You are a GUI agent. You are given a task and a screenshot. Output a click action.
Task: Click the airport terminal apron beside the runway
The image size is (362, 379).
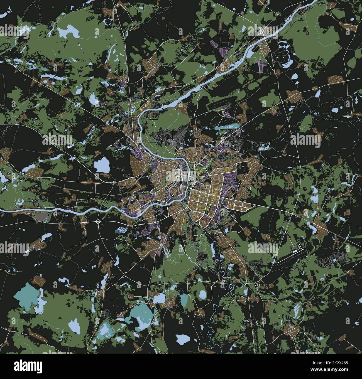pos(297,250)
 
